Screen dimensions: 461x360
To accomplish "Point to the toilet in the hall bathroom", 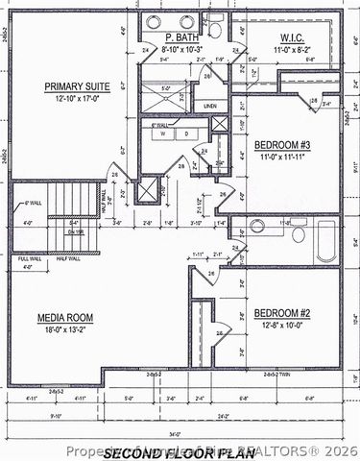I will tap(299, 233).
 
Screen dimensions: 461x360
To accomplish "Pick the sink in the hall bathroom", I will tap(257, 228).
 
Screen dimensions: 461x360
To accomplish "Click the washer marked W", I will tap(159, 133).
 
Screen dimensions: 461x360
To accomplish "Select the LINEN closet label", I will tap(210, 105).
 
